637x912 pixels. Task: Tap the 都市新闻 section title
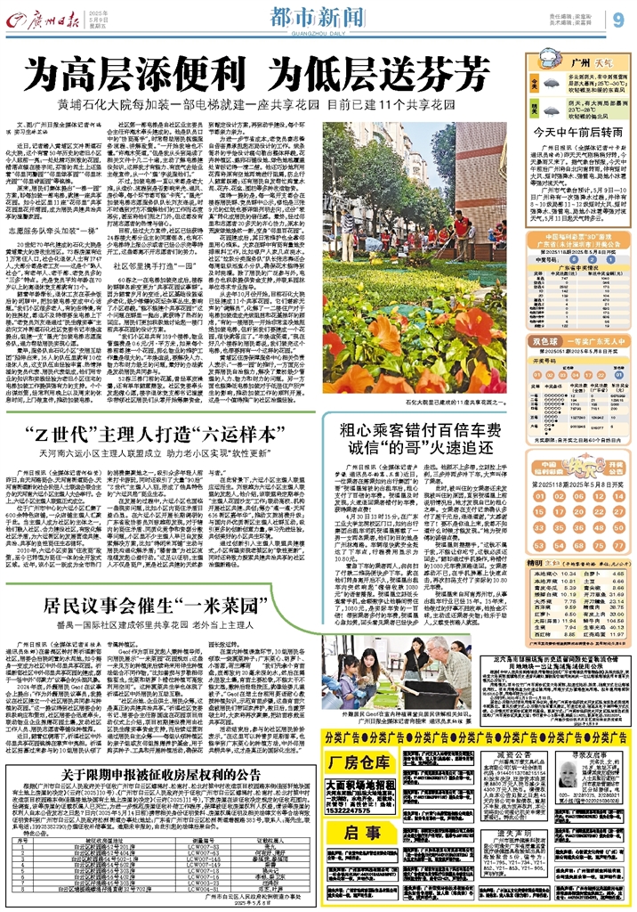click(307, 15)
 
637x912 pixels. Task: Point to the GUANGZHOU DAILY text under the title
click(307, 28)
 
